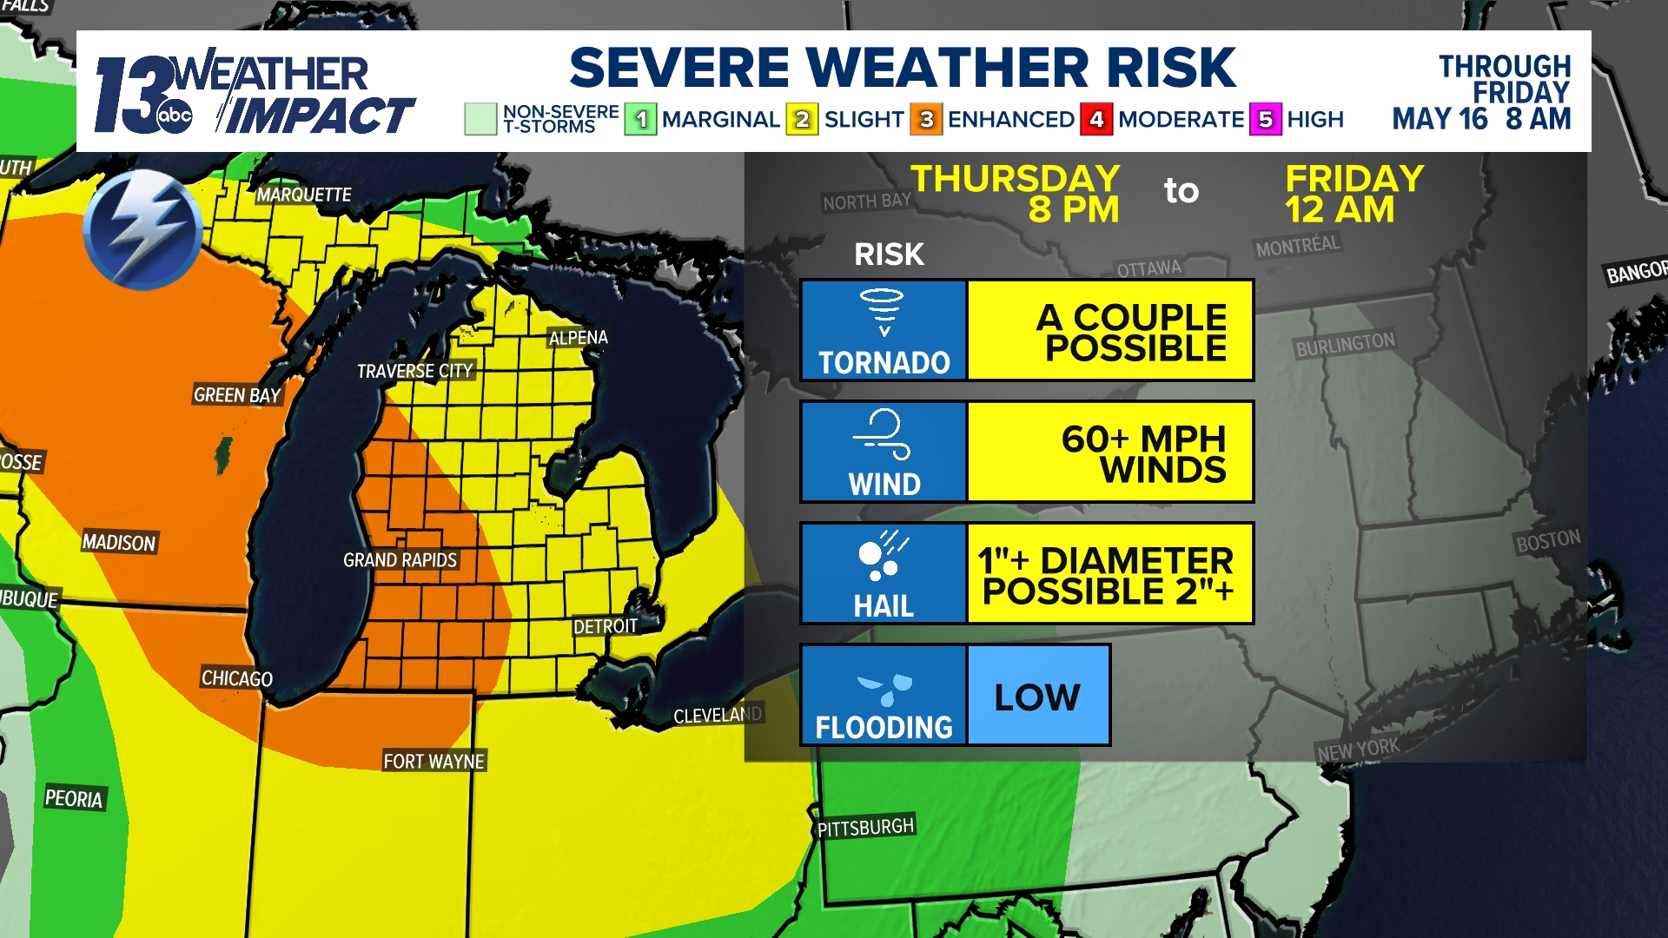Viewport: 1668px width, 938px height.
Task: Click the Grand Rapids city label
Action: click(400, 560)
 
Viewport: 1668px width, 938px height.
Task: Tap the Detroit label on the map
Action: click(606, 626)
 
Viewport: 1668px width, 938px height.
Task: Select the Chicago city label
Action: click(237, 678)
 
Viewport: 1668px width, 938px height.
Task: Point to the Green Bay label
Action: click(237, 395)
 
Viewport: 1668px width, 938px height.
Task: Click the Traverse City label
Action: click(414, 371)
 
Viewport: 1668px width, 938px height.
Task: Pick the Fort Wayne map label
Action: click(434, 762)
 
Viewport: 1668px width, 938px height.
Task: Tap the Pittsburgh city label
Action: click(865, 827)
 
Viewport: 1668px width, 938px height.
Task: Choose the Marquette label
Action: click(303, 195)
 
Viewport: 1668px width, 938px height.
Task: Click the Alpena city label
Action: click(578, 338)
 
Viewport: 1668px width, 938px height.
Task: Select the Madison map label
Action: click(119, 543)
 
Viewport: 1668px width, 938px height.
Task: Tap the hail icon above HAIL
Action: click(883, 557)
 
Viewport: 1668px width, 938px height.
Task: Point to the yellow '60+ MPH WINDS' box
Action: click(1110, 452)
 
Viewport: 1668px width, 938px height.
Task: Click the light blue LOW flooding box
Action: click(1038, 696)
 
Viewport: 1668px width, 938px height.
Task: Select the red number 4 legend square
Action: click(1096, 119)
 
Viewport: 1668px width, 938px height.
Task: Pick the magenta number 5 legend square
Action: click(1266, 119)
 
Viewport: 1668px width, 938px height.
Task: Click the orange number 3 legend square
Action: click(926, 119)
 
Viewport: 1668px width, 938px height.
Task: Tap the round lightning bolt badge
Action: click(142, 229)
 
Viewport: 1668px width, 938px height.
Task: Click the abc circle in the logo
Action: click(174, 116)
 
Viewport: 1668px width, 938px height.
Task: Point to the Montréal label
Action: click(1298, 247)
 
